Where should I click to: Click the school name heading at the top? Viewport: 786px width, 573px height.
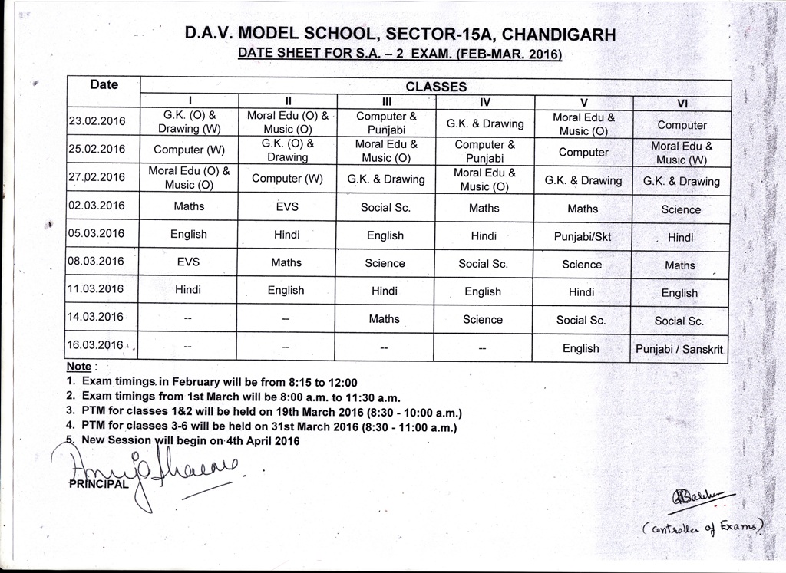400,35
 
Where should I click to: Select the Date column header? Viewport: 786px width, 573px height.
104,84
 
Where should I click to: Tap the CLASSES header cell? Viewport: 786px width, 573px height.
435,87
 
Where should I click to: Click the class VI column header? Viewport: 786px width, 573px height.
681,102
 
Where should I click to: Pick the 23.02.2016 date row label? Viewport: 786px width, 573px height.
97,121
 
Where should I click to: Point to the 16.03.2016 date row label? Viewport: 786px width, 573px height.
96,344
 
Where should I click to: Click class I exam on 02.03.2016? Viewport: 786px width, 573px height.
189,206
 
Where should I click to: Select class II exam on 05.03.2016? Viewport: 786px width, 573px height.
286,235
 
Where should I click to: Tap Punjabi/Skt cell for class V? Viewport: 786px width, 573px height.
583,237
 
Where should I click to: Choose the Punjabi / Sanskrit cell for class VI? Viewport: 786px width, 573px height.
680,350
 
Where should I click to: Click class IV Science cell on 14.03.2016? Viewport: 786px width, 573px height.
483,319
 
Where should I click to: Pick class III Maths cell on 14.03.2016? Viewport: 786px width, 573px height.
384,318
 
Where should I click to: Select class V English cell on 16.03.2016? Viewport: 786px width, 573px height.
581,348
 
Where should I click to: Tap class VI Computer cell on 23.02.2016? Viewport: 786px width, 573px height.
682,125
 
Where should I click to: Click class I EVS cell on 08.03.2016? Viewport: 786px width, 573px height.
188,262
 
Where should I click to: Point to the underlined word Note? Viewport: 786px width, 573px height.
79,367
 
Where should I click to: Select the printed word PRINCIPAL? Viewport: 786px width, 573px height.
98,484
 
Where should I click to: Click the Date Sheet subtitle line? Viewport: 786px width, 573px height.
400,54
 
